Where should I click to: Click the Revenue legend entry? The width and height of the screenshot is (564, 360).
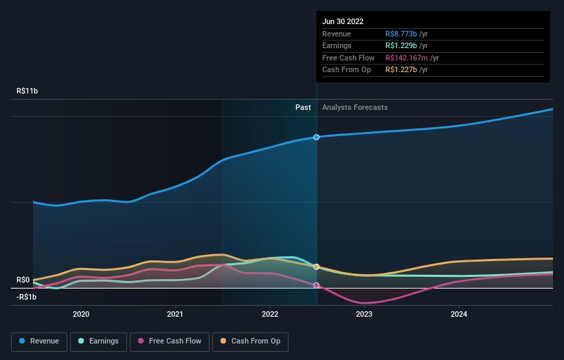[39, 341]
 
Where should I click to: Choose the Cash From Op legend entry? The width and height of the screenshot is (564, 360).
[250, 341]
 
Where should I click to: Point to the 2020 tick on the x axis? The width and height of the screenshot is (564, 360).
[81, 314]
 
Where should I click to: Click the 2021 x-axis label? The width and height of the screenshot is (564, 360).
[175, 314]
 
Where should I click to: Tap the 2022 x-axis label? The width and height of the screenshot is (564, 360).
[270, 314]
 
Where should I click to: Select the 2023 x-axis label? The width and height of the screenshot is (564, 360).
[364, 314]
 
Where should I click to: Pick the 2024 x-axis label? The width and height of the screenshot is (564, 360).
[459, 314]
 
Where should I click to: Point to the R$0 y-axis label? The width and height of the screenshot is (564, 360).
[23, 280]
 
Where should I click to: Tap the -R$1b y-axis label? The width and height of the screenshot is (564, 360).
[27, 297]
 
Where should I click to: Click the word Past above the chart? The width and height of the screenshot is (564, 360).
[303, 107]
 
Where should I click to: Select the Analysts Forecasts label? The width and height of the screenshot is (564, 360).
[354, 107]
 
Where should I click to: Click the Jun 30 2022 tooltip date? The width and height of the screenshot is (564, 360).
[343, 21]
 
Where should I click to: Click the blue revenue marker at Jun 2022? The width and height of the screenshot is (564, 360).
[317, 137]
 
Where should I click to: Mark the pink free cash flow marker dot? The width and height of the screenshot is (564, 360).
[317, 285]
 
